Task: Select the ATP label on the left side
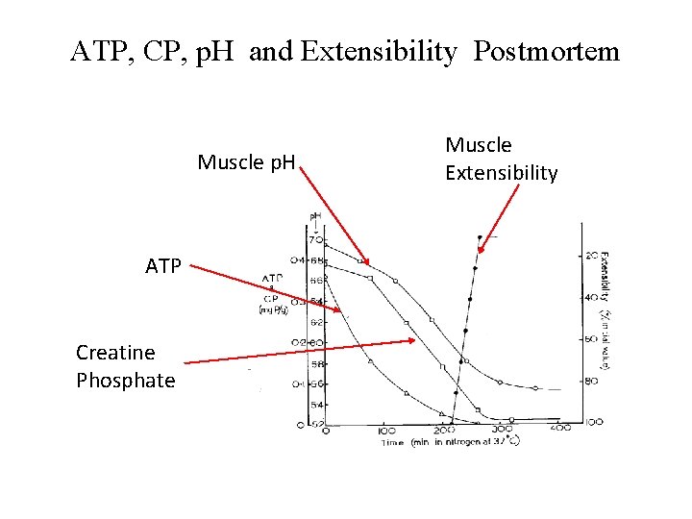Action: tap(162, 266)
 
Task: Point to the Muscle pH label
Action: tap(246, 161)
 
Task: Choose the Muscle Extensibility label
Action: tap(501, 159)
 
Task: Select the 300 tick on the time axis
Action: tap(503, 432)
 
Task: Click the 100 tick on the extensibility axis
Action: tap(593, 422)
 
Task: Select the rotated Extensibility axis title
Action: tap(605, 288)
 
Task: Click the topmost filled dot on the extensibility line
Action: tap(480, 236)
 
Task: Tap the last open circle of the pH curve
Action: tap(535, 388)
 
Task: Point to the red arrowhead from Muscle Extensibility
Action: tap(482, 252)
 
